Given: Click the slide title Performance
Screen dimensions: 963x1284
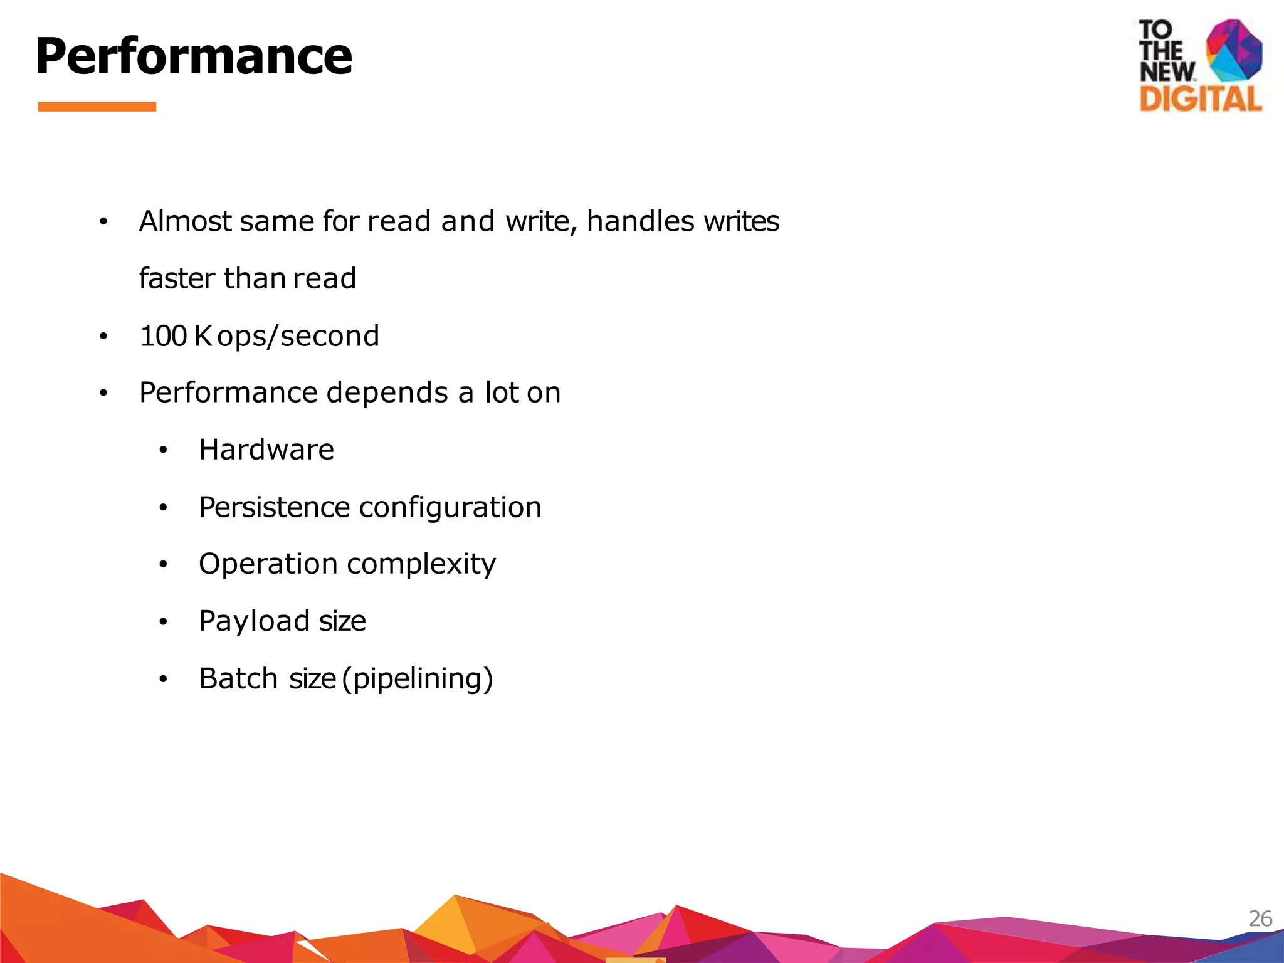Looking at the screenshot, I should tap(194, 56).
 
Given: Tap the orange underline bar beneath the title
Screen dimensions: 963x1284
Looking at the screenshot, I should tap(97, 107).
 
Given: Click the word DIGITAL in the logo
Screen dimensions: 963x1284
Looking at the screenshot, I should tap(1200, 100).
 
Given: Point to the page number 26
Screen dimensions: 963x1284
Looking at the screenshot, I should tap(1260, 918).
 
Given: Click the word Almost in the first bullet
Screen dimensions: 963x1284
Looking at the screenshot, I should tap(186, 221).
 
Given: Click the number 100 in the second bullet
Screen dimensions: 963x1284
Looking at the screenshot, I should tap(163, 336).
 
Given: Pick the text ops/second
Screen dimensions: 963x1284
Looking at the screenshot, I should tap(298, 337).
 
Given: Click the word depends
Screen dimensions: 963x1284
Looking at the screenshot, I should tap(387, 393).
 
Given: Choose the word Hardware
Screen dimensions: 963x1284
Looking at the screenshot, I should tap(266, 450).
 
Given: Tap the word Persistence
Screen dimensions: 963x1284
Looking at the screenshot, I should tap(274, 507).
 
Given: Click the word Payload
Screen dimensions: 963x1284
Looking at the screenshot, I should tap(254, 621).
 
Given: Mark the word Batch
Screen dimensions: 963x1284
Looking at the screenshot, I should tap(238, 678).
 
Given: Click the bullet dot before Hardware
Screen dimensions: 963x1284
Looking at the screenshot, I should tap(163, 451).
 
